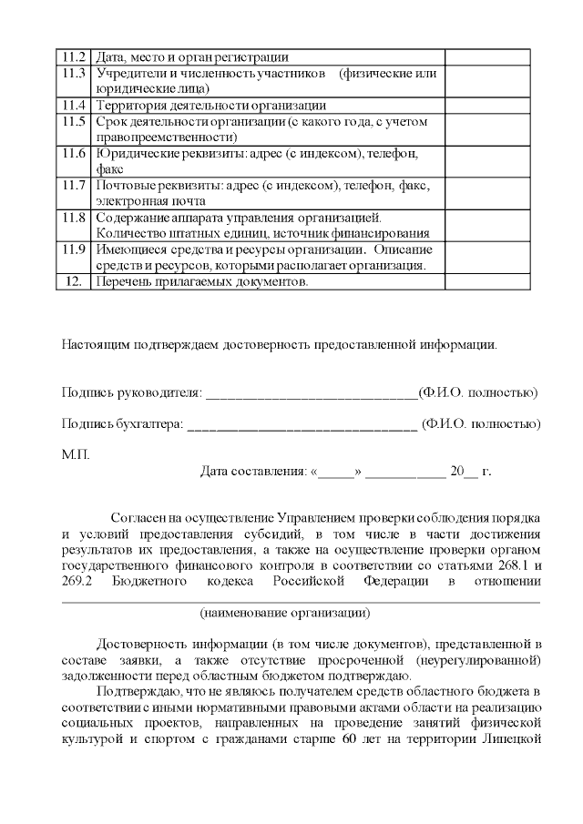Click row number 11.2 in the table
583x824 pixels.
click(75, 56)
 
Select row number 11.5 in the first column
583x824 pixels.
click(75, 121)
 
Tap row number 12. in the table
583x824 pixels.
click(75, 282)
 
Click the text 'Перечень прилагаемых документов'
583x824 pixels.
click(201, 282)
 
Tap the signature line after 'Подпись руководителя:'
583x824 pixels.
click(311, 393)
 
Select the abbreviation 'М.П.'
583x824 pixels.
click(76, 453)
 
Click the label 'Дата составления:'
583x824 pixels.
click(253, 472)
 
